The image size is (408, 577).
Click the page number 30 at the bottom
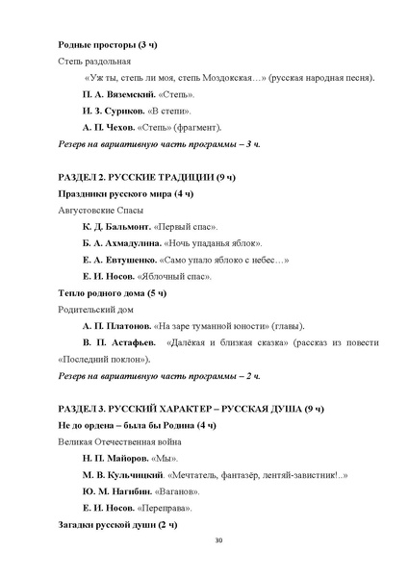(218, 540)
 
